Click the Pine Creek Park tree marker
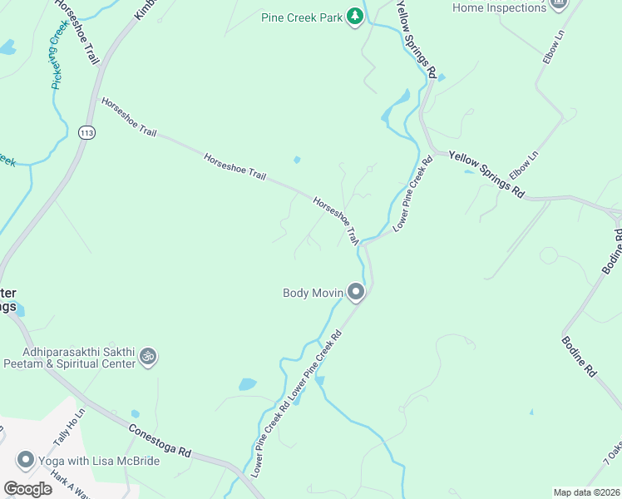pyautogui.click(x=355, y=16)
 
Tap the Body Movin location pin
pyautogui.click(x=356, y=291)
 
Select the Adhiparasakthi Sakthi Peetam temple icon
pyautogui.click(x=148, y=357)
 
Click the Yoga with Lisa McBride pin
pyautogui.click(x=25, y=460)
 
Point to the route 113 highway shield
pyautogui.click(x=86, y=132)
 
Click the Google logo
pyautogui.click(x=27, y=489)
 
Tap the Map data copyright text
pyautogui.click(x=585, y=492)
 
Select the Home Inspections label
pyautogui.click(x=498, y=7)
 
